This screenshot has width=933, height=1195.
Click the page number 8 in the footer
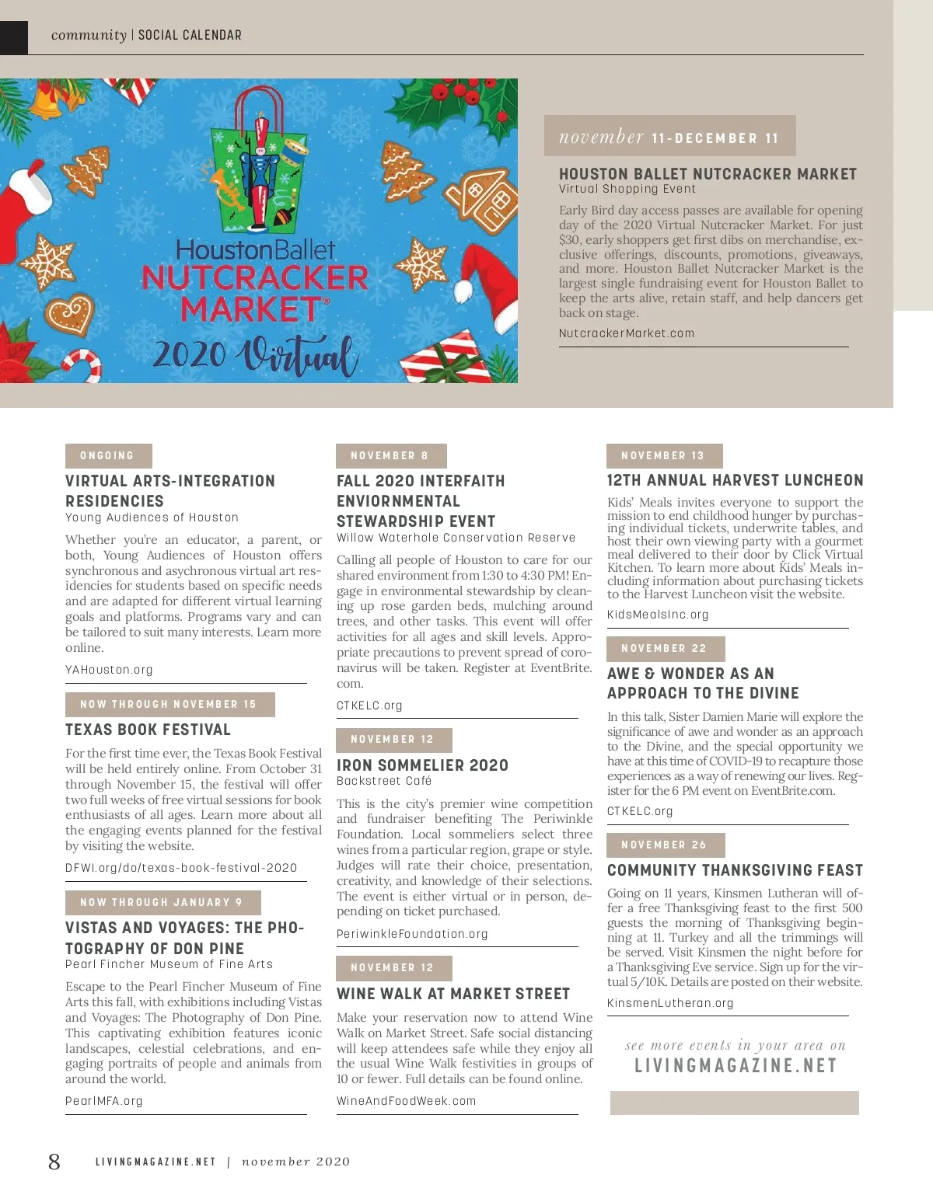pyautogui.click(x=54, y=1162)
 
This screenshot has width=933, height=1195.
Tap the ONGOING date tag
pyautogui.click(x=108, y=455)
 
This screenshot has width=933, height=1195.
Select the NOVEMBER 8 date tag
pyautogui.click(x=390, y=455)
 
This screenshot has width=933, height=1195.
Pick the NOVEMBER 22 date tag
pyautogui.click(x=665, y=648)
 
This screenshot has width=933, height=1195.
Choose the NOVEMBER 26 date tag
pyautogui.click(x=665, y=845)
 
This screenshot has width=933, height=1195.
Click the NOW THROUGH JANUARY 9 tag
pyautogui.click(x=162, y=902)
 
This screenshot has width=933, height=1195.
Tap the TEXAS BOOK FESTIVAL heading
pyautogui.click(x=149, y=730)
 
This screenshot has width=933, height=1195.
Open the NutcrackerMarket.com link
pyautogui.click(x=627, y=333)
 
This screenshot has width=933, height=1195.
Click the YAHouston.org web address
pyautogui.click(x=110, y=670)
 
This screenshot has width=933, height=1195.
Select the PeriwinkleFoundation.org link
pyautogui.click(x=412, y=934)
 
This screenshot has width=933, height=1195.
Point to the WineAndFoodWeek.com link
pyautogui.click(x=406, y=1101)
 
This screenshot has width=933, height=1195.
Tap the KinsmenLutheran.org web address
pyautogui.click(x=670, y=1003)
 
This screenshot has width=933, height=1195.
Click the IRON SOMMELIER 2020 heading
pyautogui.click(x=422, y=765)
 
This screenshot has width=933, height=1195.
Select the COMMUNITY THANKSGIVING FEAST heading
pyautogui.click(x=735, y=870)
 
